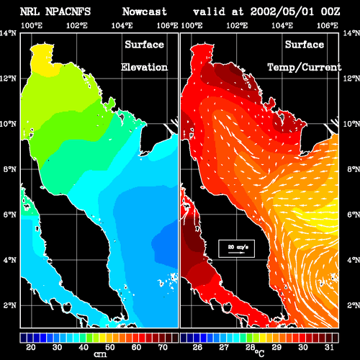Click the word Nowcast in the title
point(145,12)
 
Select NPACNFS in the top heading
point(68,12)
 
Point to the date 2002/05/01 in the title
point(282,12)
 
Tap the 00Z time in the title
point(330,12)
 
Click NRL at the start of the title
point(30,12)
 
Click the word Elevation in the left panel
point(144,67)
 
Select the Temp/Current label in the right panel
point(305,68)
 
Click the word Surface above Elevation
point(144,45)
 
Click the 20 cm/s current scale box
point(236,248)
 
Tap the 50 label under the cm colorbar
point(110,347)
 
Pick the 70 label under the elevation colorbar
point(163,347)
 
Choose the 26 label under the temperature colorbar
point(197,347)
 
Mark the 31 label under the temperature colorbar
point(329,347)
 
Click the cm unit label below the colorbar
point(100,354)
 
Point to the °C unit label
point(260,354)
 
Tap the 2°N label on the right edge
point(354,305)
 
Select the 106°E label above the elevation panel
point(167,25)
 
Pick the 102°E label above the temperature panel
point(237,25)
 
